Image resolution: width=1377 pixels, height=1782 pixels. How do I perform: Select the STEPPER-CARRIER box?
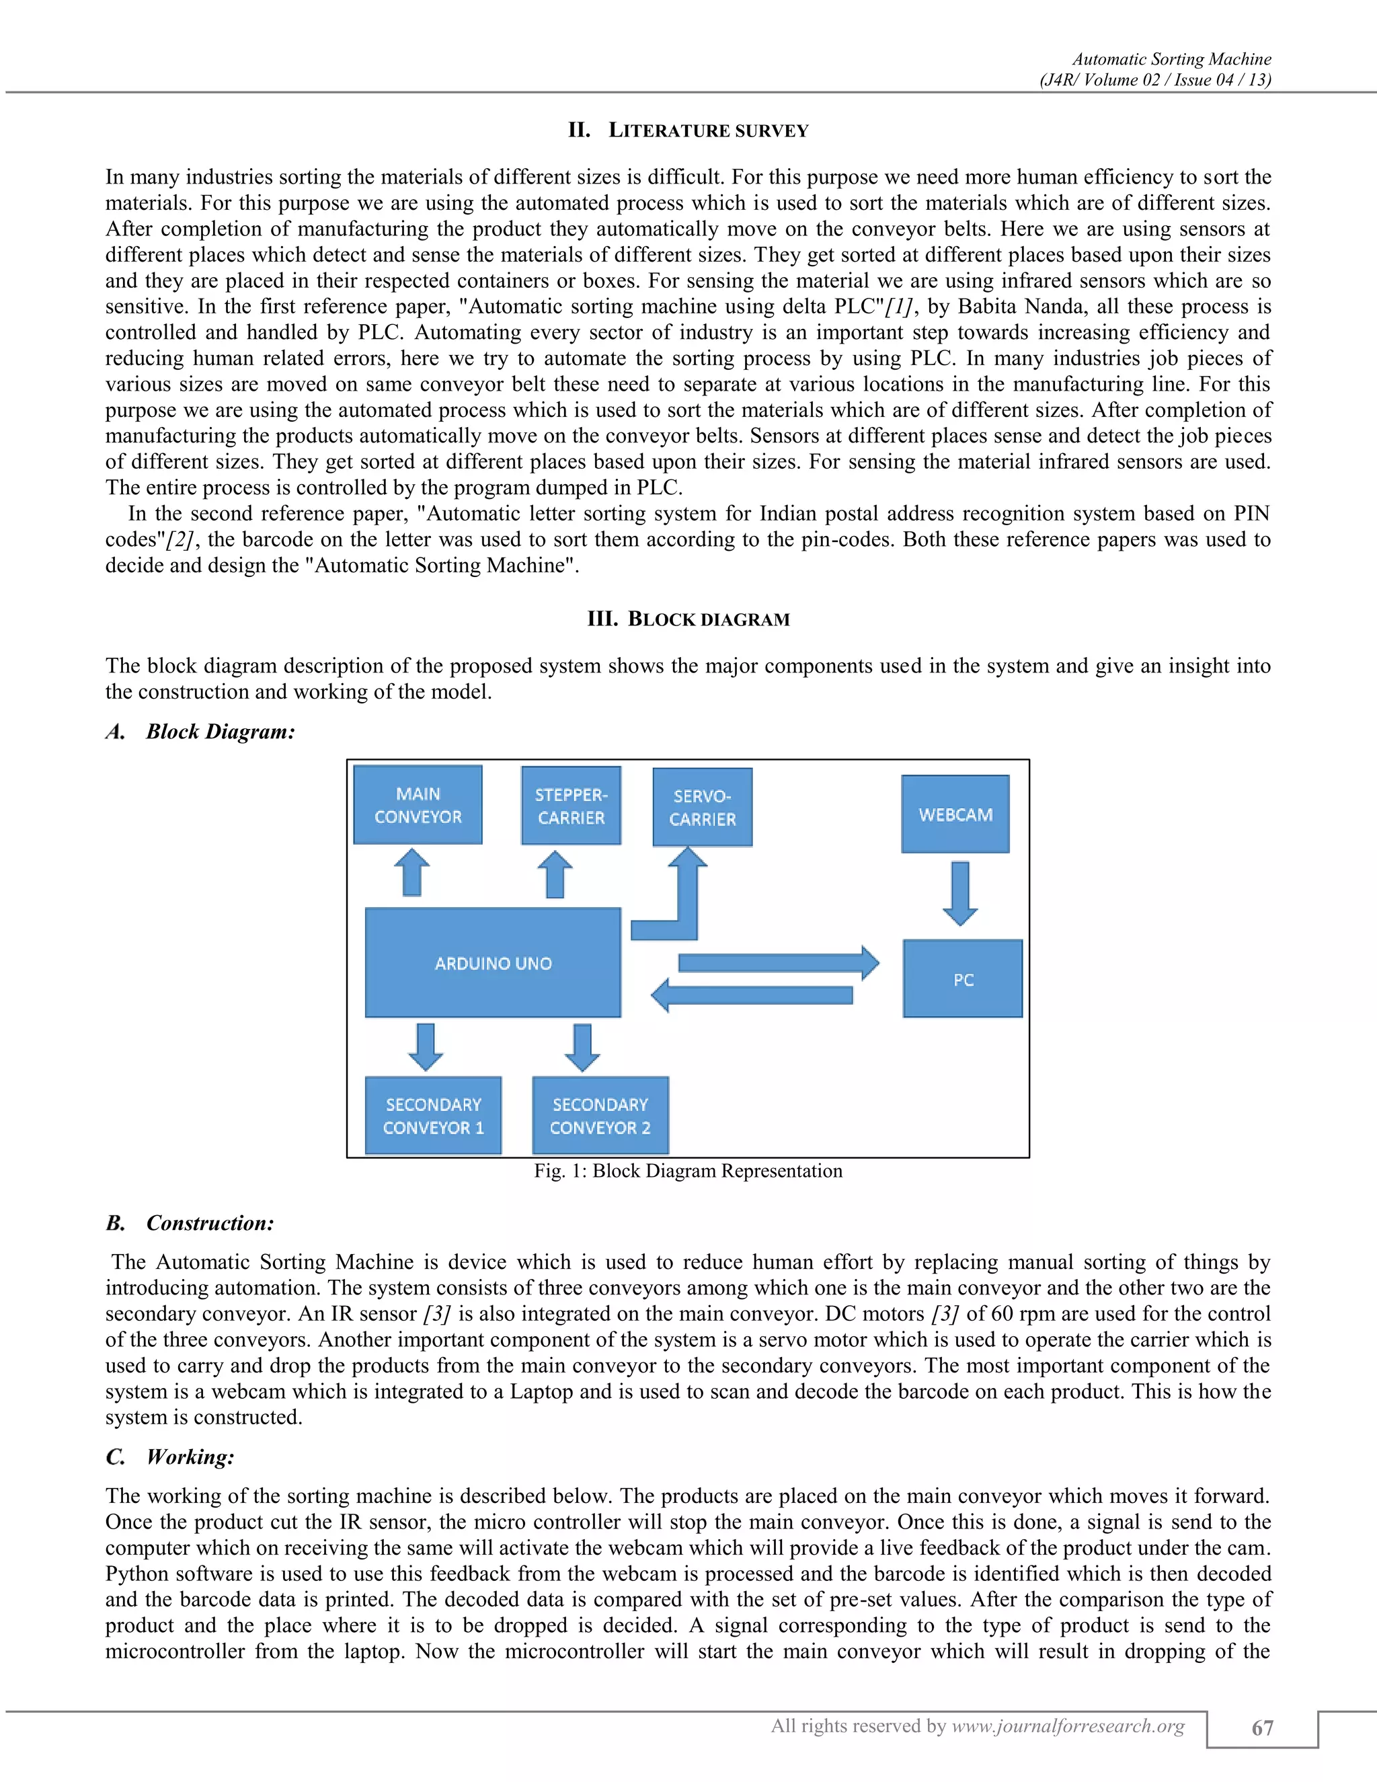click(571, 806)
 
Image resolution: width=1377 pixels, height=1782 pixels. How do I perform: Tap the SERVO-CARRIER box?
click(703, 807)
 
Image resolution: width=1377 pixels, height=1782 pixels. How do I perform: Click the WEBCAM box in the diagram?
click(955, 814)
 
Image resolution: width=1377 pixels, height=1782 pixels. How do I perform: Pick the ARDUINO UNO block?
click(493, 963)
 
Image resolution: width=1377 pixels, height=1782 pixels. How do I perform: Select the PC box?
click(963, 979)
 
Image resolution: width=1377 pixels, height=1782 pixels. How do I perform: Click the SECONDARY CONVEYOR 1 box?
click(433, 1116)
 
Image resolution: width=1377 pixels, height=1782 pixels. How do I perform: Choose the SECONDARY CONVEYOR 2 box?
click(600, 1116)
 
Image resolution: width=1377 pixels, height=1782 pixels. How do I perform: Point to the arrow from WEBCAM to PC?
click(960, 892)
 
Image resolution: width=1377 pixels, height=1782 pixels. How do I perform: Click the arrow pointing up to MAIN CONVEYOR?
click(412, 872)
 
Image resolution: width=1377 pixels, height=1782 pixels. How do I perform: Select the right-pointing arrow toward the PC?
click(777, 963)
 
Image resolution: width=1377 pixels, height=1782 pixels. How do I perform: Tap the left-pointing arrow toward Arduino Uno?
click(752, 995)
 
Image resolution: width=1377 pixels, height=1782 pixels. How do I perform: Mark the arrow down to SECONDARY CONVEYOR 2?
click(582, 1047)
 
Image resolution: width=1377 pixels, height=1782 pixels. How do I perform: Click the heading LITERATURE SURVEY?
click(708, 130)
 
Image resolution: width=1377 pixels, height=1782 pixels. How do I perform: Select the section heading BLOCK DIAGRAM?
click(708, 619)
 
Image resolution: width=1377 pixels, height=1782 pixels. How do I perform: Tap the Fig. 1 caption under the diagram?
click(688, 1171)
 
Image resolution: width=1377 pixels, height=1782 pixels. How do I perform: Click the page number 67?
click(1262, 1728)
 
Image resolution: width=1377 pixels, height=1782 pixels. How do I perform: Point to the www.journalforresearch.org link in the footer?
click(1068, 1726)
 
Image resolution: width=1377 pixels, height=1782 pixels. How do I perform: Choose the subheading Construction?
click(210, 1223)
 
